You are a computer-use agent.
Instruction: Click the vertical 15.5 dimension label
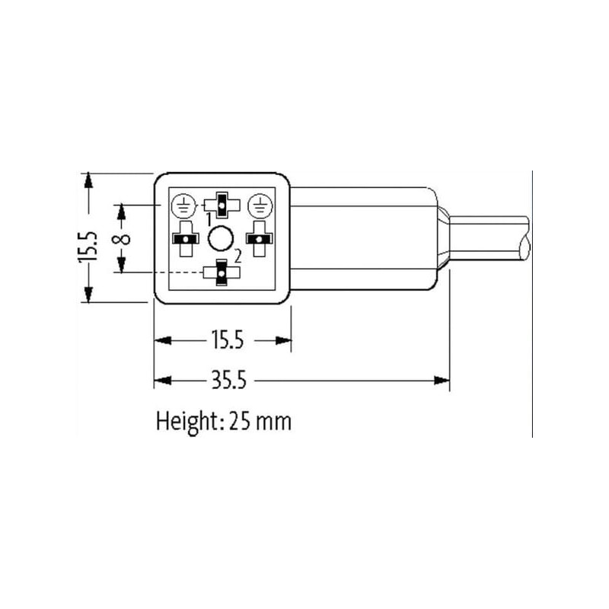click(88, 246)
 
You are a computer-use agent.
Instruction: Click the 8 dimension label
click(121, 238)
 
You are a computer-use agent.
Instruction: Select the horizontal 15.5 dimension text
click(228, 340)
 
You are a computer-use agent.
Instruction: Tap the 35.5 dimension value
click(229, 380)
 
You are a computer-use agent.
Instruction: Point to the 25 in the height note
click(239, 422)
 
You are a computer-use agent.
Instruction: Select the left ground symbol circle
click(183, 206)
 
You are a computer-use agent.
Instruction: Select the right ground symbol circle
click(260, 206)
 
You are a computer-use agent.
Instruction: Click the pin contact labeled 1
click(222, 205)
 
